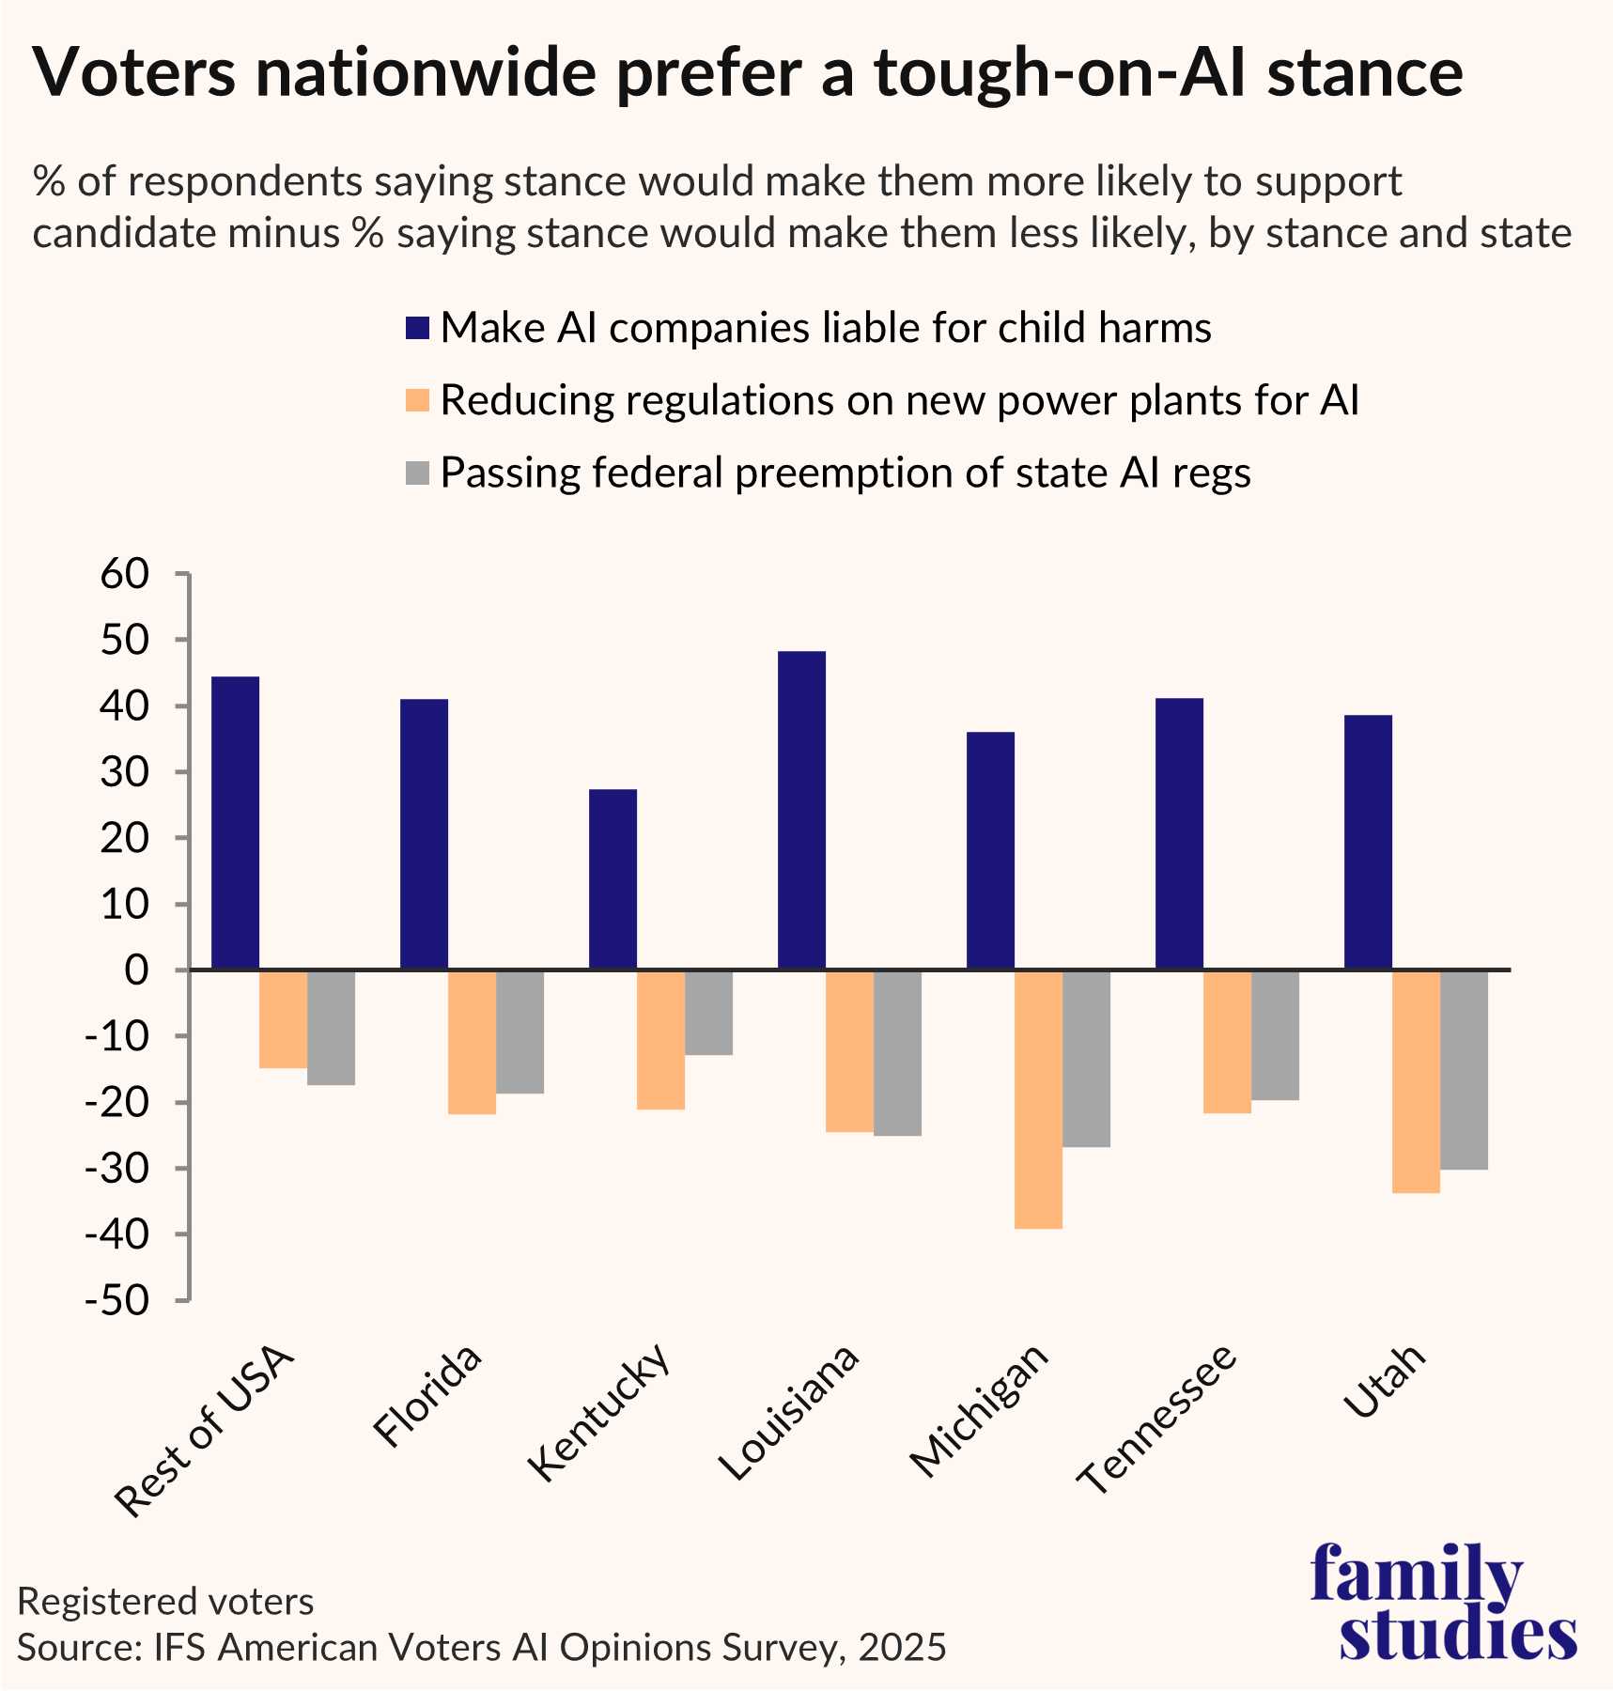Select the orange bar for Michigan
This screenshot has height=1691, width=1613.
pos(1038,1099)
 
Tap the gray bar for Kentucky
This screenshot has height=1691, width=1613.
pos(708,1013)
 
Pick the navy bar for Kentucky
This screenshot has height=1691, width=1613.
pos(613,879)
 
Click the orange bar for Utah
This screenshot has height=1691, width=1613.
pos(1416,1081)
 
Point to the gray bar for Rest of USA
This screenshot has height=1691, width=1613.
pos(331,1028)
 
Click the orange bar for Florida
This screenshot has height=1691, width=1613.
pos(472,1042)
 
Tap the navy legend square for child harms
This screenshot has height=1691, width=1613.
pos(417,329)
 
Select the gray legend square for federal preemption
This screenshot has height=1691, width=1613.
pos(417,473)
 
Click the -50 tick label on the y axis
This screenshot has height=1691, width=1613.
pos(116,1301)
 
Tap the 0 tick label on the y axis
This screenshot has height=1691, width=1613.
pos(136,970)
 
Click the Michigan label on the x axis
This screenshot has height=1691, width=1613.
pos(980,1410)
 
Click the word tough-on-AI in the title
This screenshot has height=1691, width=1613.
pos(1060,73)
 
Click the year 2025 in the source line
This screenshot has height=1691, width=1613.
pos(901,1647)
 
